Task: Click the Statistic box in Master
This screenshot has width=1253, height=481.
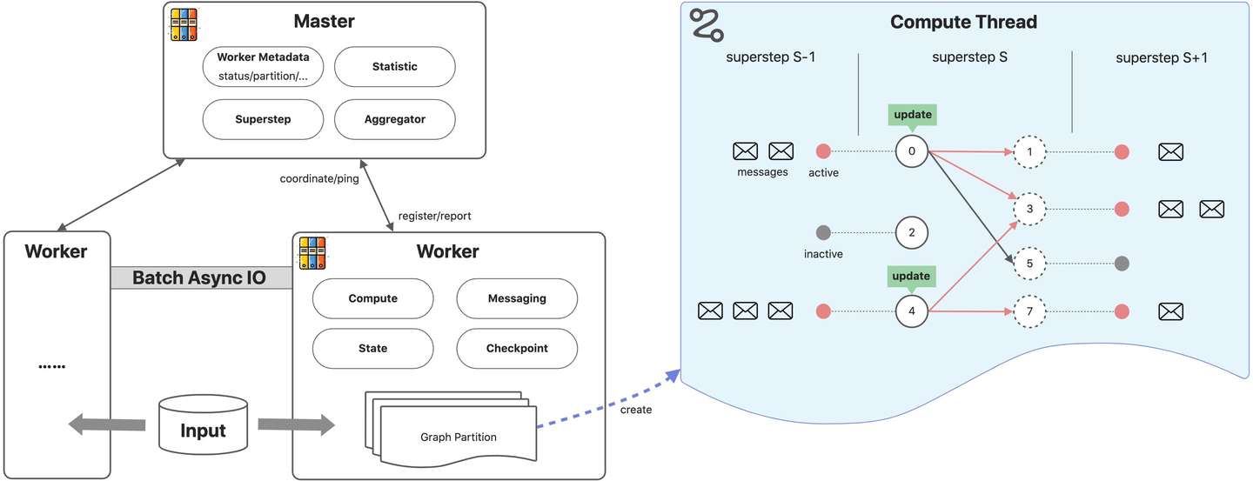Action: tap(394, 67)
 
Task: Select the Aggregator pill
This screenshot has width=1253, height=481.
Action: tap(394, 120)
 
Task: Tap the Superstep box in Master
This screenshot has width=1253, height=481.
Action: tap(262, 120)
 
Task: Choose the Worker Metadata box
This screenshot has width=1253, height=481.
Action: tap(262, 67)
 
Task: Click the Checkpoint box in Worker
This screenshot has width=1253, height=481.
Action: tap(516, 348)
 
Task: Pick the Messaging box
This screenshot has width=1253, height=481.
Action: tap(516, 298)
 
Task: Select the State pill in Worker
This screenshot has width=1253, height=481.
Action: tap(372, 348)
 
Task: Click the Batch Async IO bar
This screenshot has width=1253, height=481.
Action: tap(201, 278)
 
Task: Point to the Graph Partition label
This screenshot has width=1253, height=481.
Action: tap(458, 437)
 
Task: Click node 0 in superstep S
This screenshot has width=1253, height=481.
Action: tap(911, 152)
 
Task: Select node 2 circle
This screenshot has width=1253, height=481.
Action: tap(911, 233)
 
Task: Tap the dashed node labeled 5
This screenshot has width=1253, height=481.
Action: tap(1029, 263)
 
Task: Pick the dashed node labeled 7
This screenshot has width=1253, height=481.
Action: tap(1029, 311)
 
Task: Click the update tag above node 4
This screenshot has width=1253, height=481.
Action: tap(911, 277)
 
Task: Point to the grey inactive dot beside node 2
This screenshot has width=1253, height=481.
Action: tap(823, 233)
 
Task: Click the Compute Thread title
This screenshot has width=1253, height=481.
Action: tap(963, 23)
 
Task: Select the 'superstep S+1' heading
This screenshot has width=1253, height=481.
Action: tap(1161, 58)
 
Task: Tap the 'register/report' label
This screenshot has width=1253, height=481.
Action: tap(434, 215)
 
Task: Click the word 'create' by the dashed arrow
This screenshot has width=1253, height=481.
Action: tap(635, 409)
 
